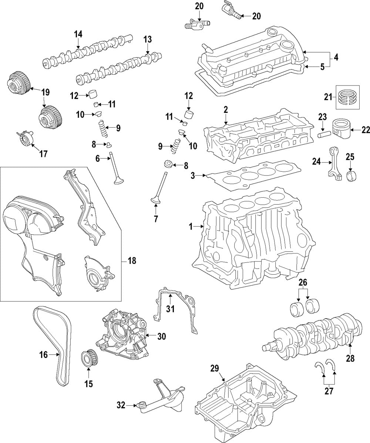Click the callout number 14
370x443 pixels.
(x=78, y=34)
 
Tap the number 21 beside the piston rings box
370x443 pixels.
(x=328, y=97)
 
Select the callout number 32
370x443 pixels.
(x=121, y=405)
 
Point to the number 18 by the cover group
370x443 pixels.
(x=132, y=261)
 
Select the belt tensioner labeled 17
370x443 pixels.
(x=25, y=138)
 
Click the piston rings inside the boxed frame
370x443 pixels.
(x=348, y=97)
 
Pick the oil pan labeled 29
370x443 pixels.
(x=246, y=403)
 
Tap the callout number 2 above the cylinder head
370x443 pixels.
(x=226, y=110)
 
